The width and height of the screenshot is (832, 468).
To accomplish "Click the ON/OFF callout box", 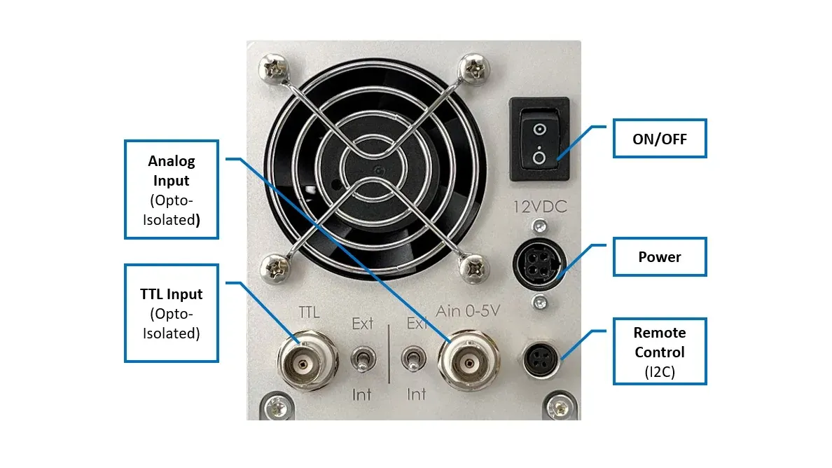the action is tap(660, 139).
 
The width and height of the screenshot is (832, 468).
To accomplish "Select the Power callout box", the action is tap(660, 257).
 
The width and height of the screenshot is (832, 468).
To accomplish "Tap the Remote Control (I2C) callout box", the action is tap(660, 351).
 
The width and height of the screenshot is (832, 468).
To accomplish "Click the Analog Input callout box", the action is tap(172, 189).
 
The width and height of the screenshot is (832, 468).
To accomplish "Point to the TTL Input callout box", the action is tap(172, 313).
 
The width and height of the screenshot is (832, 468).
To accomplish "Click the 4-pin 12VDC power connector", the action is tap(539, 265).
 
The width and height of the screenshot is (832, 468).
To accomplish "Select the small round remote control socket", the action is tap(540, 360).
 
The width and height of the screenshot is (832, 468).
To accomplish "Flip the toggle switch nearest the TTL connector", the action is tap(363, 359).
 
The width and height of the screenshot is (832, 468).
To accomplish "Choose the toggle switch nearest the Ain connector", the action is tap(413, 359).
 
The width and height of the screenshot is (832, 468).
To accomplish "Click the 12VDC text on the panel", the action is tap(540, 207).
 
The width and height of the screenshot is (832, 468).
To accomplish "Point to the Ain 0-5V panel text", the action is tap(467, 311).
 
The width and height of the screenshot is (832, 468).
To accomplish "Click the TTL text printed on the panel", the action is tap(309, 312).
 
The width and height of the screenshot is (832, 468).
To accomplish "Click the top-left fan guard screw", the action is tap(274, 69).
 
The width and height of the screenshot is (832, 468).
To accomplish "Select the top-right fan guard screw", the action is tap(473, 69).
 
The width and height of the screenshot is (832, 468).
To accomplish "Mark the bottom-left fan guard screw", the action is tap(275, 269).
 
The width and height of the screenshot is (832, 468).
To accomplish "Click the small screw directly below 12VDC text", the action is tap(540, 227).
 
